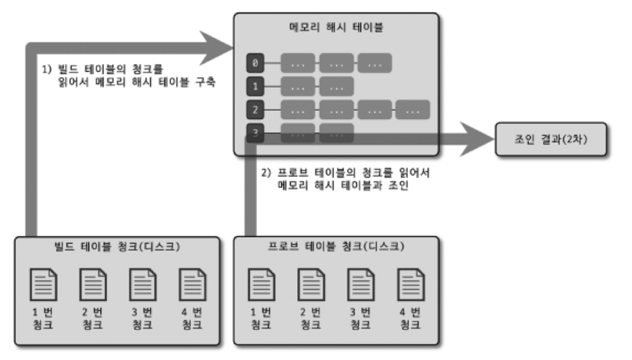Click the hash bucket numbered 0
[255, 63]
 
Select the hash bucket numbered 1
[255, 86]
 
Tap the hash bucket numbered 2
[255, 110]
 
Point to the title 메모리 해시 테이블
[336, 29]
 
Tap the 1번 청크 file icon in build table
[43, 282]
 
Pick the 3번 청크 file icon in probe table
[361, 282]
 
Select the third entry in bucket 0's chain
[375, 63]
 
